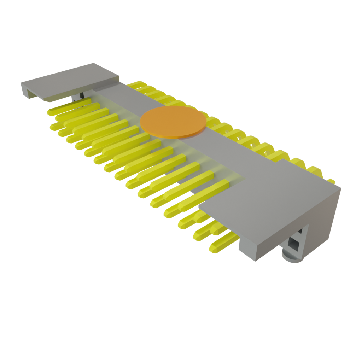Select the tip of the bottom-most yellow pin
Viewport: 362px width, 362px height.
tap(213, 249)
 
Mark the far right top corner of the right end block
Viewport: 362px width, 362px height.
tap(340, 186)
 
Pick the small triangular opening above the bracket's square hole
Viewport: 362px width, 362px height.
tap(300, 231)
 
